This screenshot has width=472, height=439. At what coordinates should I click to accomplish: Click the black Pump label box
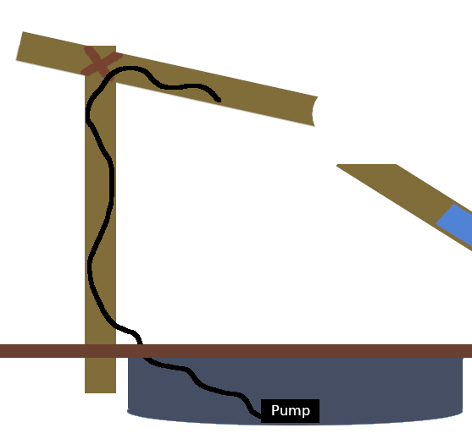291,411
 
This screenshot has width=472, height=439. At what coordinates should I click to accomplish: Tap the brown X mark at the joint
100,63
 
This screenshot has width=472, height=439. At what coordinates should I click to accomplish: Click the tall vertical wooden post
100,254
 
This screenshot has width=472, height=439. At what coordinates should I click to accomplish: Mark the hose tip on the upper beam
218,99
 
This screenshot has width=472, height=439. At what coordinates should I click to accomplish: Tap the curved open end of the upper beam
314,111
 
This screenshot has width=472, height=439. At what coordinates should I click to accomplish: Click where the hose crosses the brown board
141,350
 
